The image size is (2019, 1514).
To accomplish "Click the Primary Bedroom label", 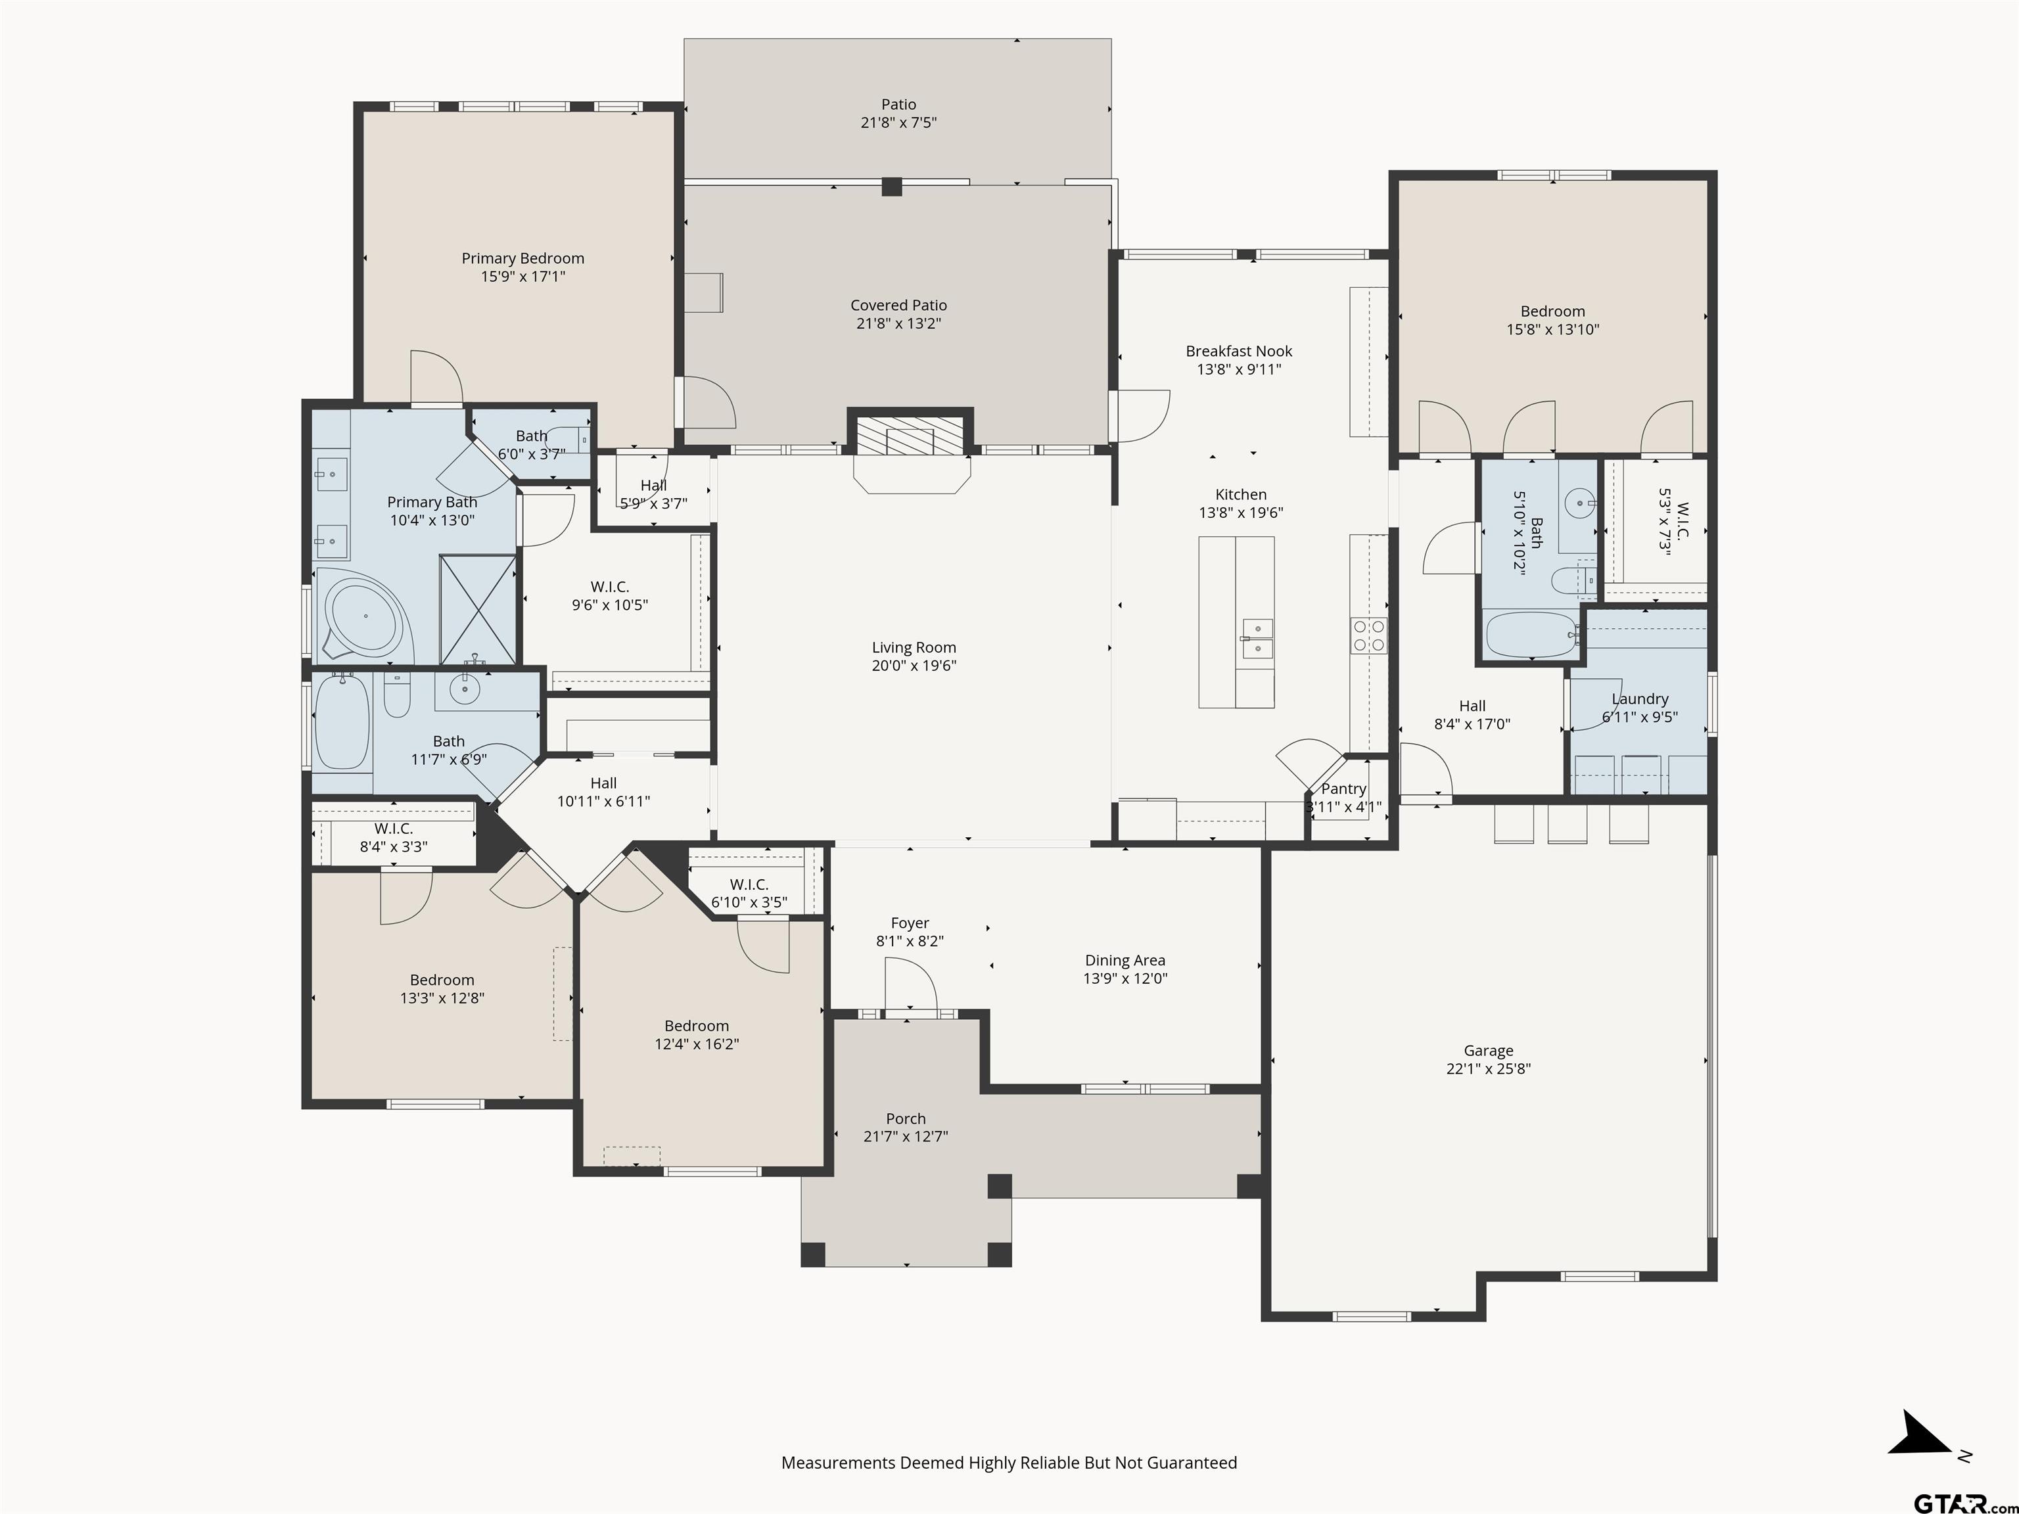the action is pyautogui.click(x=523, y=258).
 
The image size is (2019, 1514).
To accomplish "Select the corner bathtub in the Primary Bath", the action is pyautogui.click(x=363, y=616).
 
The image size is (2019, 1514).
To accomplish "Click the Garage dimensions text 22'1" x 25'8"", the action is pyautogui.click(x=1488, y=1068).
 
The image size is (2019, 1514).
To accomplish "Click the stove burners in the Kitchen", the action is pyautogui.click(x=1369, y=635).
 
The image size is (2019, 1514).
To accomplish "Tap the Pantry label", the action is pyautogui.click(x=1343, y=789).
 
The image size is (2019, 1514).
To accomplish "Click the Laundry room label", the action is pyautogui.click(x=1640, y=699).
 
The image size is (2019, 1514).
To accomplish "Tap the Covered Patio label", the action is pyautogui.click(x=898, y=305).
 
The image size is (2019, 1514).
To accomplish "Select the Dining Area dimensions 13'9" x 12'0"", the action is pyautogui.click(x=1125, y=978).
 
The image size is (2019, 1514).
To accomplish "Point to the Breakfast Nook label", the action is pyautogui.click(x=1239, y=352).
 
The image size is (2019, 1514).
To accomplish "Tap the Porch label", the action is pyautogui.click(x=906, y=1119).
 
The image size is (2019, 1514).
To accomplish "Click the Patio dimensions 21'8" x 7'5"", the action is pyautogui.click(x=898, y=122).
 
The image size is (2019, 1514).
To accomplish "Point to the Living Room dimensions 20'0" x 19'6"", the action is pyautogui.click(x=914, y=665).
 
